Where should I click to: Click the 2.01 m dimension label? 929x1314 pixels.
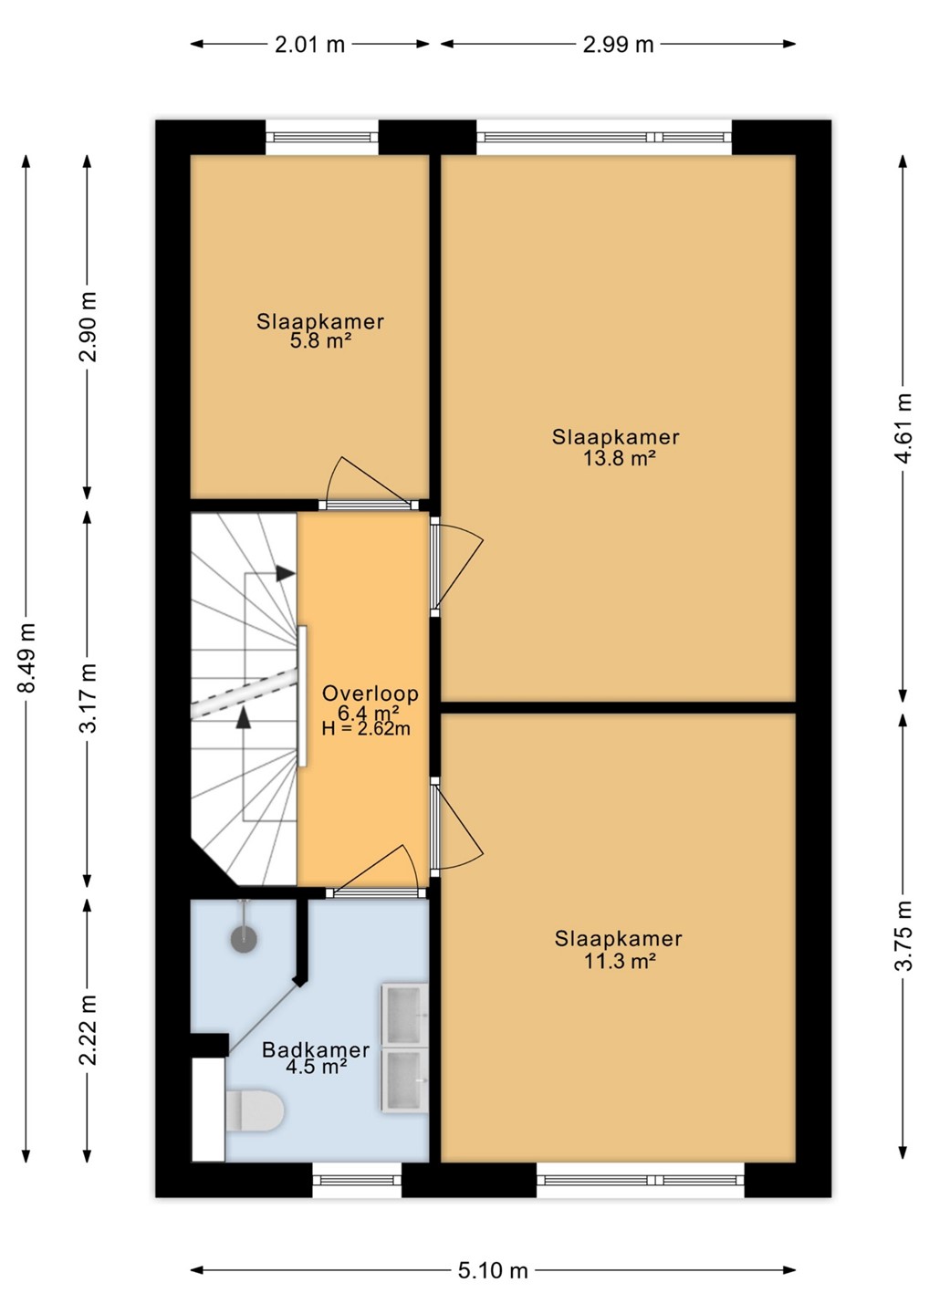(309, 45)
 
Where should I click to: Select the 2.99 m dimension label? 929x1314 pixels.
(618, 45)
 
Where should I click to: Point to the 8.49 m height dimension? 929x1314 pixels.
(26, 658)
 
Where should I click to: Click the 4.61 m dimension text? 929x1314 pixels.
(903, 428)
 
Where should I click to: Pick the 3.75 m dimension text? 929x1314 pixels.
(903, 935)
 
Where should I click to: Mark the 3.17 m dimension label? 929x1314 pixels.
(88, 698)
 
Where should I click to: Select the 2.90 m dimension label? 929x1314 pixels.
(88, 326)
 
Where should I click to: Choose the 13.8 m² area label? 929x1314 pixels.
(619, 458)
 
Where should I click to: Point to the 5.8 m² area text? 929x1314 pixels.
(320, 341)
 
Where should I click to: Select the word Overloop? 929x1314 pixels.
(371, 693)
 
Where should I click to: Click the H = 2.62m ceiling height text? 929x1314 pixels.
(366, 729)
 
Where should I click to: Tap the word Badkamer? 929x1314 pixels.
(316, 1049)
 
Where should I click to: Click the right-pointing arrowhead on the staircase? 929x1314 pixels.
(285, 573)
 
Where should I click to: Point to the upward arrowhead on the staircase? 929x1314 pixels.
(243, 717)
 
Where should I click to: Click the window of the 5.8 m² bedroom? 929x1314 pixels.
(322, 137)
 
